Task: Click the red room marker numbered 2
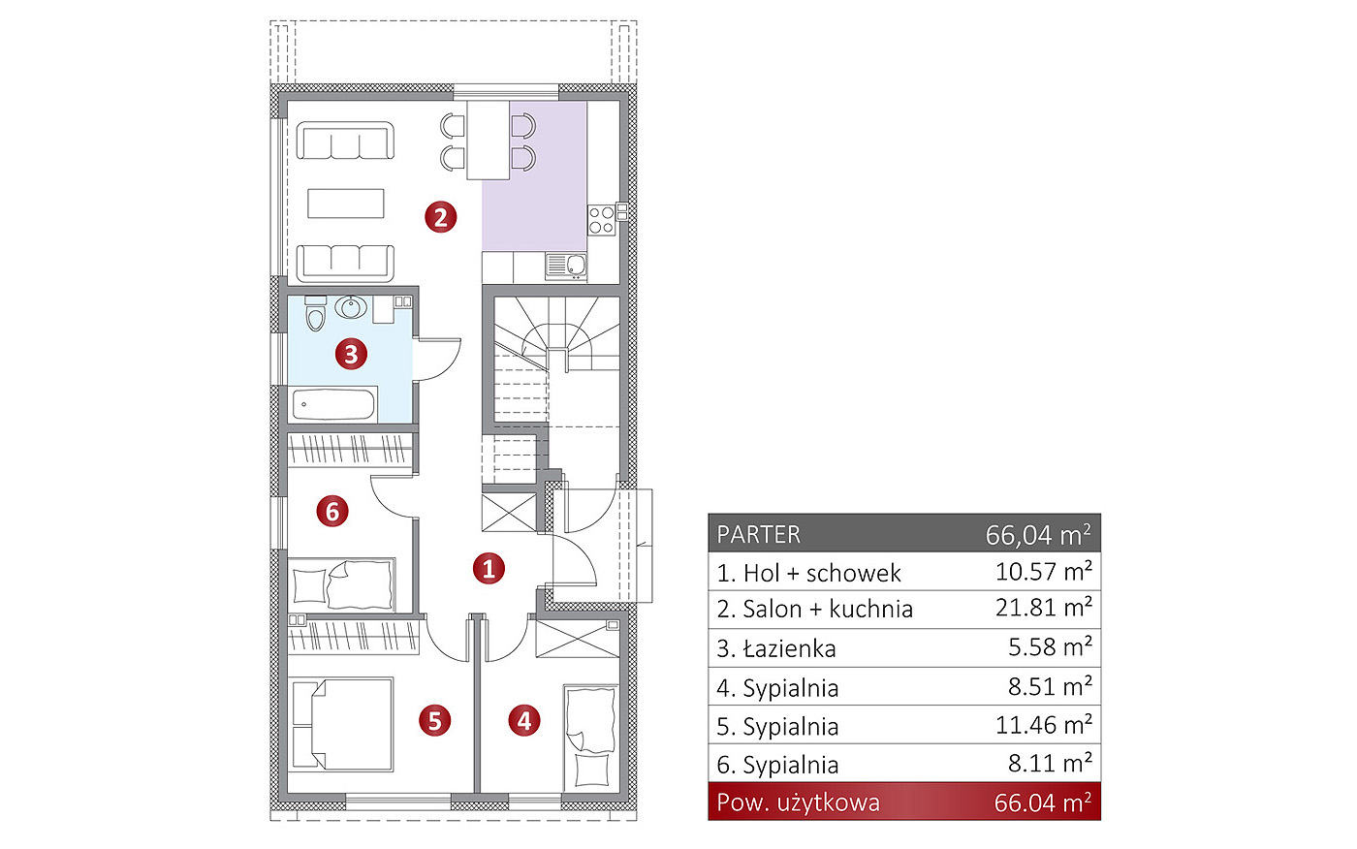tap(440, 217)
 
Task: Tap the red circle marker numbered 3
tap(351, 354)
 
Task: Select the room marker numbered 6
tap(332, 511)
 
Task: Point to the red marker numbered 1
tap(489, 568)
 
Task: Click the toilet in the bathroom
tap(315, 313)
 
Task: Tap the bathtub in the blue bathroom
tap(333, 404)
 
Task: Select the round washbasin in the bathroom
tap(351, 307)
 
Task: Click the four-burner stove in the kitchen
tap(602, 220)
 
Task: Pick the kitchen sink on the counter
tap(566, 267)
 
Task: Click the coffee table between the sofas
tap(345, 203)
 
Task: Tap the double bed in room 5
tap(342, 724)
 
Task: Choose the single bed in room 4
tap(590, 737)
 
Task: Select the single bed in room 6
tap(342, 584)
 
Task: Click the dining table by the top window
tap(489, 140)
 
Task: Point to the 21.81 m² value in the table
tap(1044, 607)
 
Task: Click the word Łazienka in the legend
tap(789, 648)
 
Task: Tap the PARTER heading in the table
tap(758, 535)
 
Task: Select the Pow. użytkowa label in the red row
tap(798, 802)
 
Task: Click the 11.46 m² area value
tap(1044, 725)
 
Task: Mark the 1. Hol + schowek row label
tap(808, 573)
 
